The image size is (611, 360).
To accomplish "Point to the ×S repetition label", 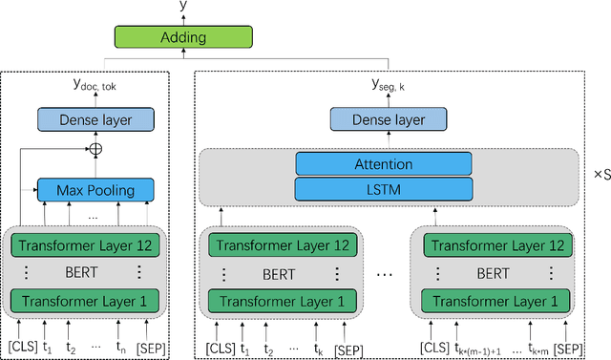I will pyautogui.click(x=599, y=176).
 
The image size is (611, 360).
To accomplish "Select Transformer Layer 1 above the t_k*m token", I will pyautogui.click(x=491, y=302).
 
